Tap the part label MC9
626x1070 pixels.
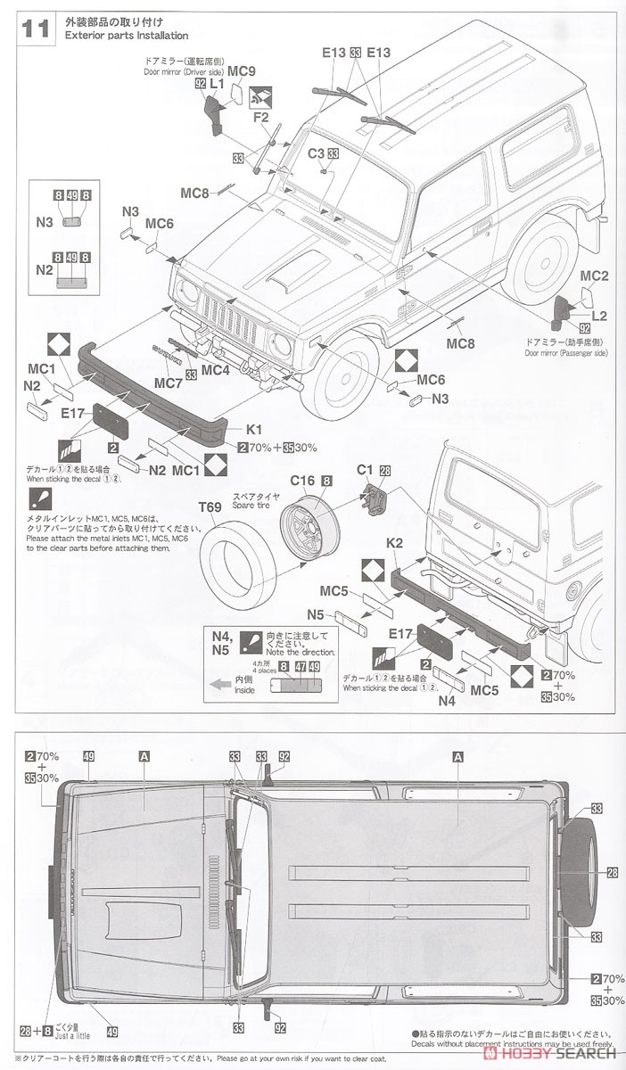pyautogui.click(x=242, y=70)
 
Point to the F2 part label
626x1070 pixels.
pyautogui.click(x=260, y=116)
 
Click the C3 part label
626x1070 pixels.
pyautogui.click(x=317, y=153)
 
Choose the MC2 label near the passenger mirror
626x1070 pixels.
pyautogui.click(x=594, y=276)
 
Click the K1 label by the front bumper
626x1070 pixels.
pyautogui.click(x=254, y=428)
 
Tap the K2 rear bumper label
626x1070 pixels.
pyautogui.click(x=397, y=542)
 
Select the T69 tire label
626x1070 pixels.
pyautogui.click(x=210, y=507)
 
